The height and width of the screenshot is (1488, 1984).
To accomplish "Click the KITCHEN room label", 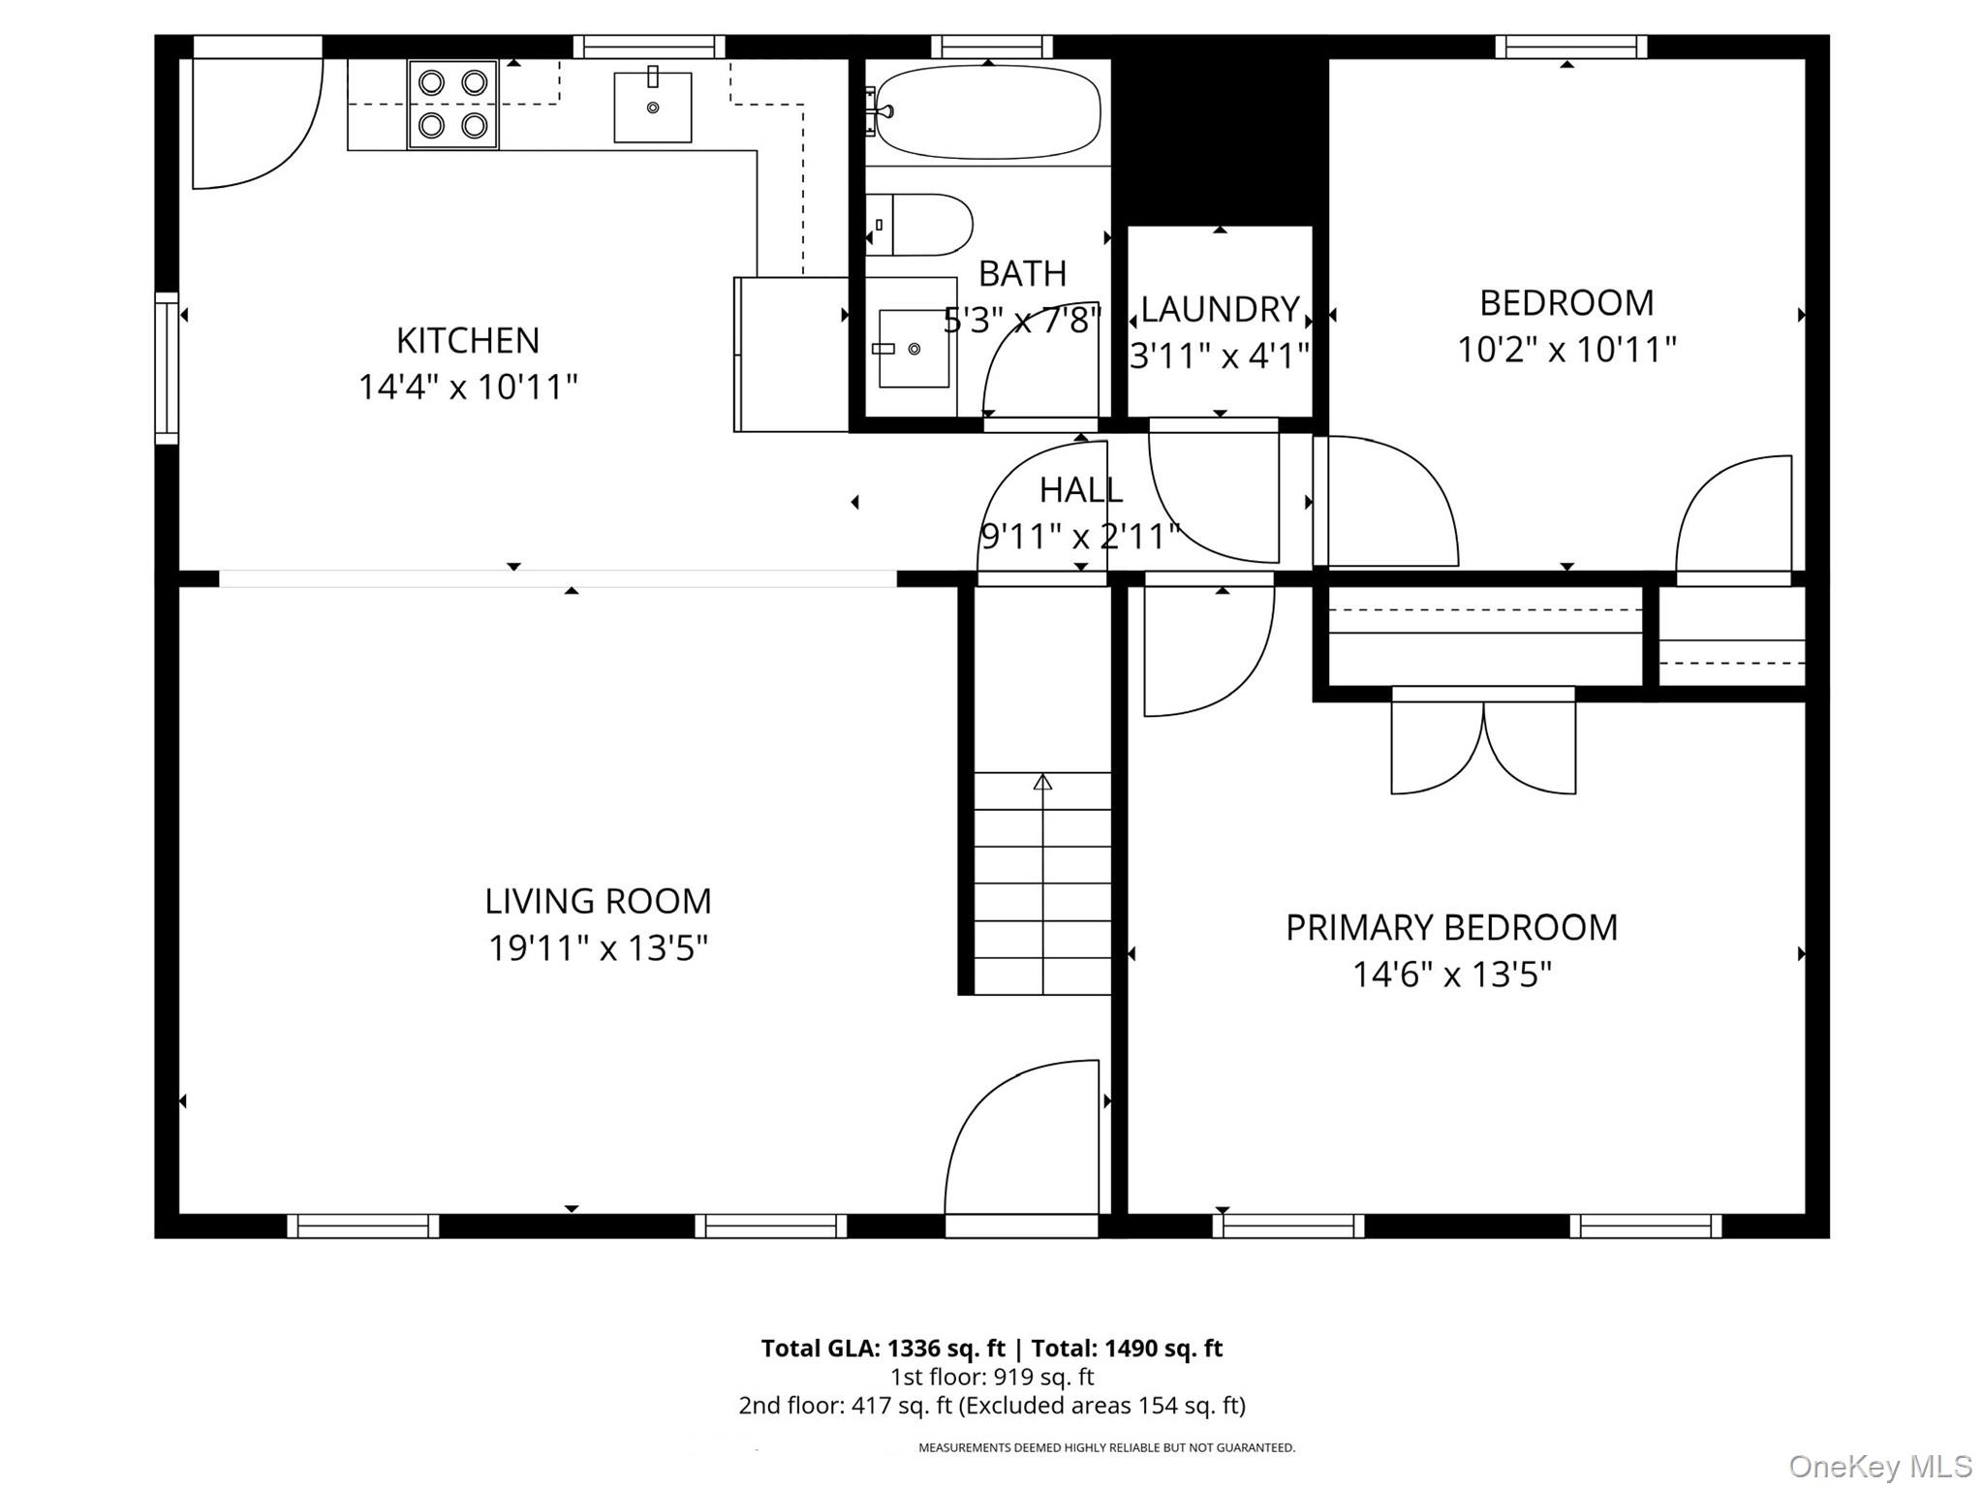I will [x=468, y=341].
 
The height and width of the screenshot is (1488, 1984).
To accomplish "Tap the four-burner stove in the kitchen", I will [x=452, y=104].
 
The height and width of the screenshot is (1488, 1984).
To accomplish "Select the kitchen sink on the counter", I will [x=653, y=107].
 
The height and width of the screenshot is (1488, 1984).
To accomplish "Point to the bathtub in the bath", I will [x=988, y=112].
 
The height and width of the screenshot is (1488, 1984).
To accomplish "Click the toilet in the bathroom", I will [x=921, y=225].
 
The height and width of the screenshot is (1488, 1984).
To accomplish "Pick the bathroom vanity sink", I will [x=913, y=348].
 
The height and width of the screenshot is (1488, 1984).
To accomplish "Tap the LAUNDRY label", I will [x=1220, y=310].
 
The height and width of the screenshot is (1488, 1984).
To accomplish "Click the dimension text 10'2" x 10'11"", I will [x=1566, y=350].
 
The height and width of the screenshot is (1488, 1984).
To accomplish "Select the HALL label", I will [x=1081, y=490].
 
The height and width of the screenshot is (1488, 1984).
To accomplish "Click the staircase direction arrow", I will [x=1042, y=783].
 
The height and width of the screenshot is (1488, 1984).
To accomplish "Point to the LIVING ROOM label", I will [x=598, y=902].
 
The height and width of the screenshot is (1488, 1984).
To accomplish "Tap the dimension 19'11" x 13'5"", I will [x=598, y=948].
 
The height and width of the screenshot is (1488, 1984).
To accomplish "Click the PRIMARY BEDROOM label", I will [x=1451, y=928].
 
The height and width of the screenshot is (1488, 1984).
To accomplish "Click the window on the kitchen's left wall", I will [x=168, y=368].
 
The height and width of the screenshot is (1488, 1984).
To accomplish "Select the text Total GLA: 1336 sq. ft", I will [x=883, y=1348].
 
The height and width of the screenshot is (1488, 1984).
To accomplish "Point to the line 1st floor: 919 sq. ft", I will [x=992, y=1377].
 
